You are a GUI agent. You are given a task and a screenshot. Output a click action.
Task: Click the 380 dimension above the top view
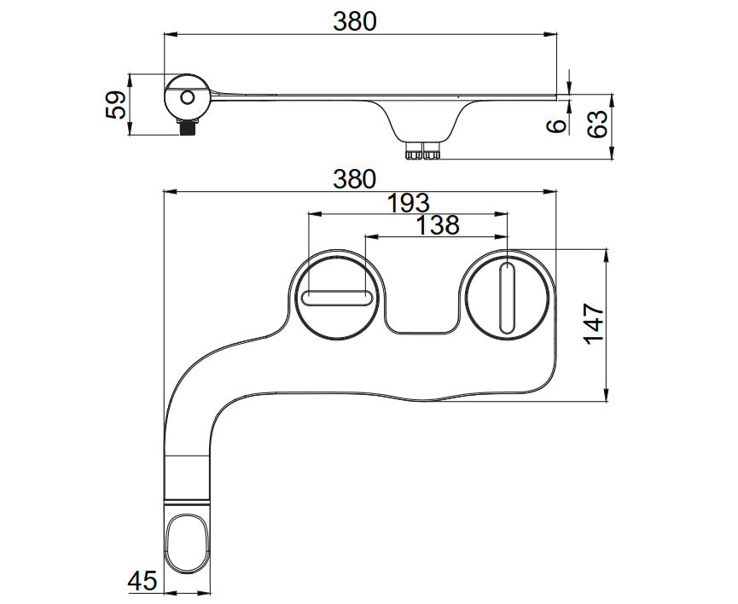(x=354, y=179)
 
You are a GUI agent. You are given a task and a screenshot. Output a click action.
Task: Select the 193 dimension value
(x=408, y=203)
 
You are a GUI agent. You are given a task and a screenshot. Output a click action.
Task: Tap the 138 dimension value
(x=437, y=225)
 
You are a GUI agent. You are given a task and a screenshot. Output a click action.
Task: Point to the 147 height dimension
(x=594, y=322)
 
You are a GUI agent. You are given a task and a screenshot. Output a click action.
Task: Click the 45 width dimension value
(x=142, y=582)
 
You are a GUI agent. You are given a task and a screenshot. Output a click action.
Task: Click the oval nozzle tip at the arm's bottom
(x=188, y=544)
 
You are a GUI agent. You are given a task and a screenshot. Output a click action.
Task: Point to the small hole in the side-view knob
(x=186, y=97)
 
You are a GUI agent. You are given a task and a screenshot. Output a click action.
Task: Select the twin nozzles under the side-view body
(x=422, y=152)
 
